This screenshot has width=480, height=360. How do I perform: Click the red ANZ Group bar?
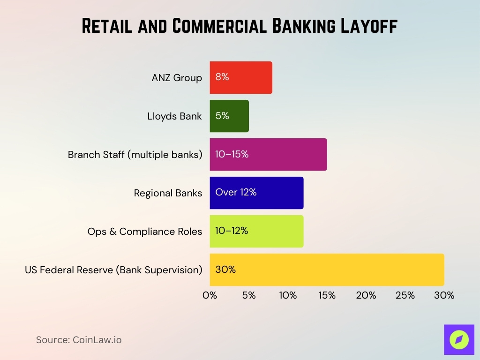point(241,78)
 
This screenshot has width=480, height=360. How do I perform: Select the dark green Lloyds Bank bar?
point(229,116)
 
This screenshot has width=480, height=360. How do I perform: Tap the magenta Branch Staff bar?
point(268,155)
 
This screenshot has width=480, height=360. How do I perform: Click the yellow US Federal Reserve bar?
point(327,270)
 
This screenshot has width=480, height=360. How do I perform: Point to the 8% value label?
point(222,77)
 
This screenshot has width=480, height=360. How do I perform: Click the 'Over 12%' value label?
point(236,193)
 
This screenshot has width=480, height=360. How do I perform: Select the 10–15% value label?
point(232,154)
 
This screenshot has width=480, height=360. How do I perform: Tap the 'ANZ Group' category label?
point(177,78)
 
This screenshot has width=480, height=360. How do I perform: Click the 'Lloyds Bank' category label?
point(174,116)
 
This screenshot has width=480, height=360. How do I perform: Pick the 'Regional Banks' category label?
point(168,193)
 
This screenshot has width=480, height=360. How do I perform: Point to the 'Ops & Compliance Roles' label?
point(144,232)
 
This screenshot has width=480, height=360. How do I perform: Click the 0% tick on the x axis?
point(210,296)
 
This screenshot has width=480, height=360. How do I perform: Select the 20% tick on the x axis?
point(366,296)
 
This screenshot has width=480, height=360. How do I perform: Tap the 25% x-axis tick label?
point(405,296)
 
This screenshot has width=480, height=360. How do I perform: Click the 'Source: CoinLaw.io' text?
point(79,340)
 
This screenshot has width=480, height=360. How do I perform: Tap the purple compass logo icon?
point(459,339)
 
